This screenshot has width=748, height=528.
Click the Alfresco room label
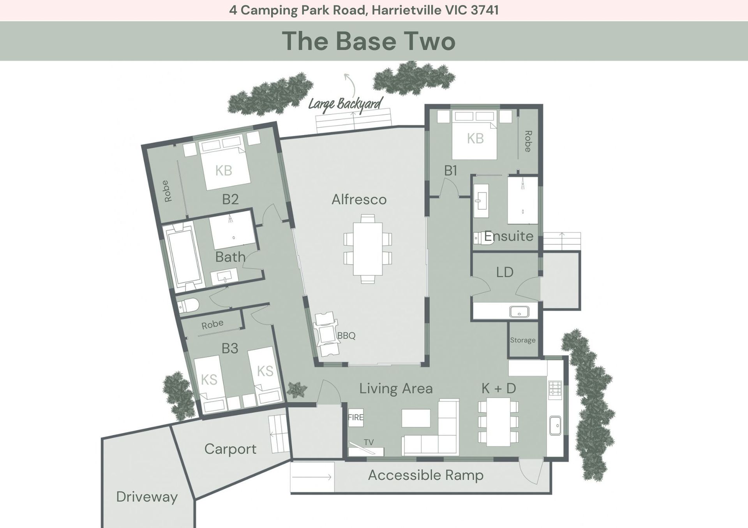[359, 200]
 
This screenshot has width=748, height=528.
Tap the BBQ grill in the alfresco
[326, 333]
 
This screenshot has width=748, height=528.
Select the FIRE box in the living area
[356, 417]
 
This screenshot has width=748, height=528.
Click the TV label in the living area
[369, 442]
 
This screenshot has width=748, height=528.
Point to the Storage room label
[523, 340]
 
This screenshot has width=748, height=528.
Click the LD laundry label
[505, 272]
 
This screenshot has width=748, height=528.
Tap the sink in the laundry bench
[519, 312]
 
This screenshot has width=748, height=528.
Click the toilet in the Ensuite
[483, 238]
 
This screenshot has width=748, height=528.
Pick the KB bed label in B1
[475, 139]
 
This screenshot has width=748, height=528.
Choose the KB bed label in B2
[224, 170]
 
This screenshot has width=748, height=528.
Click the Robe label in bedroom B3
[212, 324]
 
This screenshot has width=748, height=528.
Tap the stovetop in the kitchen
[555, 390]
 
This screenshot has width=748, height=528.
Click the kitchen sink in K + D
[555, 426]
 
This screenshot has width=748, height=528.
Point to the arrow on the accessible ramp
[311, 477]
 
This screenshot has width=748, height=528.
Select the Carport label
[230, 449]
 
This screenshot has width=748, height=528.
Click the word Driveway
[147, 497]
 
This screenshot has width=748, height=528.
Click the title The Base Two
[369, 41]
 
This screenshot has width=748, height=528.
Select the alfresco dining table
[368, 249]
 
